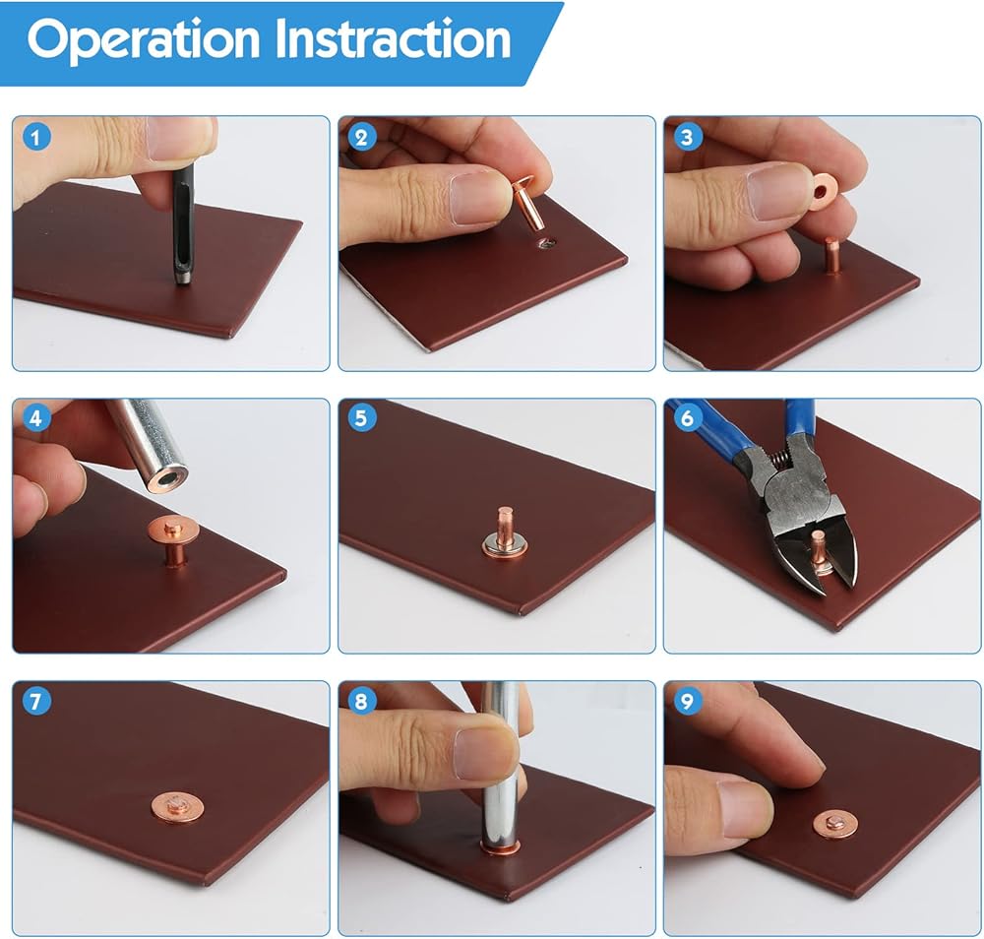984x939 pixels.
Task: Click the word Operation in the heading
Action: [143, 39]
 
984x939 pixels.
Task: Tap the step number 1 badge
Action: [35, 138]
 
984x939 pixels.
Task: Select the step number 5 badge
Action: [361, 418]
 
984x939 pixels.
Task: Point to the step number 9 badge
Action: [687, 701]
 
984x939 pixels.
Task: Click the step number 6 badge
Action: [687, 418]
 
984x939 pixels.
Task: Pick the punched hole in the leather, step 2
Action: [546, 242]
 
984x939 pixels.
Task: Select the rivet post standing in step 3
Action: [832, 256]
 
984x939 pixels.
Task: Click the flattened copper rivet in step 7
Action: [176, 807]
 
